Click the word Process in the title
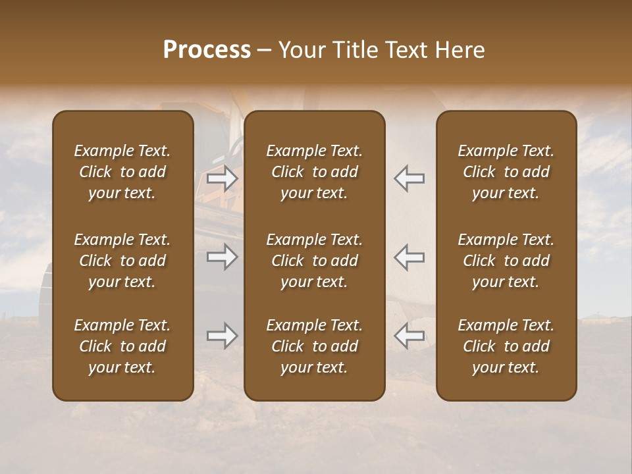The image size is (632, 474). coord(207,50)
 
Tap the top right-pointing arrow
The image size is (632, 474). coord(222,178)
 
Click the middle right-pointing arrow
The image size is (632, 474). coord(222,257)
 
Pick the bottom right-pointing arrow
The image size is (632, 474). coord(222,336)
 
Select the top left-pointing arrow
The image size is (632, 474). coord(409,178)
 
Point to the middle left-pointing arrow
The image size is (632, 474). coord(409,257)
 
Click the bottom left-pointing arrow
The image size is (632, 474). coord(409,336)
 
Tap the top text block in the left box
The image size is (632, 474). coord(122,172)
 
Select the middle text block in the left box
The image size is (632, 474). coord(122,261)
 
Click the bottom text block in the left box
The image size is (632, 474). coord(122,346)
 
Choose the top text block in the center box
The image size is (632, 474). coord(314,172)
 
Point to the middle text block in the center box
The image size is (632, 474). coord(314,261)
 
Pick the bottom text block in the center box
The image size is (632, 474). coord(314,346)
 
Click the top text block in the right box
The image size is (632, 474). coord(506,172)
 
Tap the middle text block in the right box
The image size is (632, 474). coord(506,261)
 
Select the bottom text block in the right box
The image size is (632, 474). coord(506,346)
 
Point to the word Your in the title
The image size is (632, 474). coord(302,50)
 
